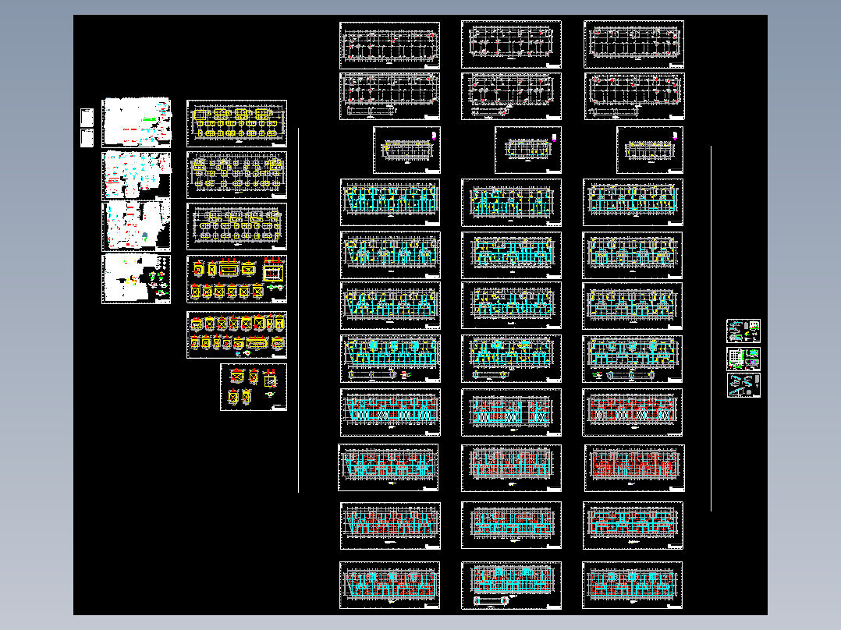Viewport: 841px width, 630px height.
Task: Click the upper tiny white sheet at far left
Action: pos(87,118)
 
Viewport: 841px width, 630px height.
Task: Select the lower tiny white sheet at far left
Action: pos(87,138)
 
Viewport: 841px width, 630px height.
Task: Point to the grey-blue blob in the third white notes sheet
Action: pos(146,235)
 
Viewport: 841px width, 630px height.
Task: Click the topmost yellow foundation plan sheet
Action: pos(236,123)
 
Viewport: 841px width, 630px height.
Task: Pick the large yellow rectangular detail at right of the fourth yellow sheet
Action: pos(273,272)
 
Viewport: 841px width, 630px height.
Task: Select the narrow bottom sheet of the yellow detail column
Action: pos(254,386)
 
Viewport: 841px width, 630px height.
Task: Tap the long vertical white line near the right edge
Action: pos(711,327)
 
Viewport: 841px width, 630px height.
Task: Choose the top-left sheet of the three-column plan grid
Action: pos(389,44)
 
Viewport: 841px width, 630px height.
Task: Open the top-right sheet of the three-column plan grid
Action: pos(633,44)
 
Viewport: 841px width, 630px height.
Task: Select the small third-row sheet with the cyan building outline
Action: pos(528,149)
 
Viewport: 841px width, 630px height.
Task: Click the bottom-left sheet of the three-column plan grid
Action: pos(389,585)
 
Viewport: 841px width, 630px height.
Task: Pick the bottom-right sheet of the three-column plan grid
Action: pos(633,585)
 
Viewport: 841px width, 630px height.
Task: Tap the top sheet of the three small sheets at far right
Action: pos(743,331)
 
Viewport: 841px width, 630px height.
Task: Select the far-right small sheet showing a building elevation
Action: pos(743,359)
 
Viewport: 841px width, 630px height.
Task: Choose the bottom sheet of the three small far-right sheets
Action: pos(743,385)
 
